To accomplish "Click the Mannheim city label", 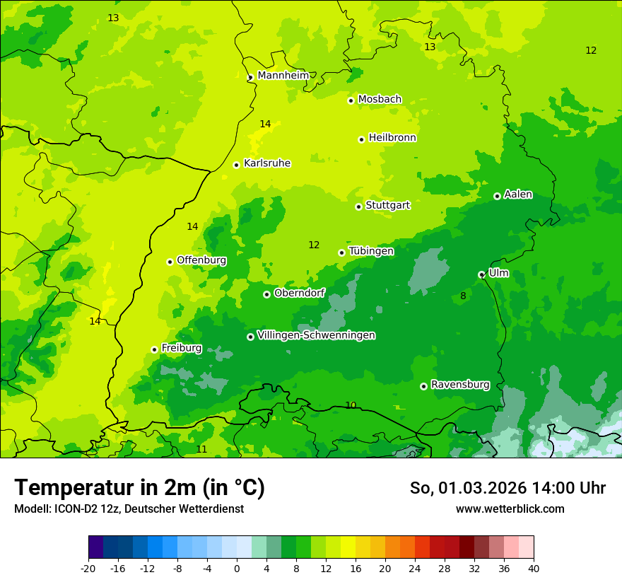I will tap(283, 75).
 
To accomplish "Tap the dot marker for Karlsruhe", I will tap(236, 165).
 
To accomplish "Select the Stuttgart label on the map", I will tap(387, 205).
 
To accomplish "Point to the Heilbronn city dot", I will tap(361, 139).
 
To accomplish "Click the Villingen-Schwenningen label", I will tap(316, 335).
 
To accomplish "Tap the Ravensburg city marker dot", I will tap(423, 386).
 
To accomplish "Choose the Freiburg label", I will tap(181, 348).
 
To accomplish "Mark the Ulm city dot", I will tap(481, 274).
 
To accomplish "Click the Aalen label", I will tap(518, 194).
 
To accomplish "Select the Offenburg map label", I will tap(201, 260).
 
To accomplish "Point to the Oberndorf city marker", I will tap(266, 294).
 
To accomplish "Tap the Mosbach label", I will tap(379, 99).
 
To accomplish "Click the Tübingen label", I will tap(371, 251).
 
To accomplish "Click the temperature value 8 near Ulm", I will tap(463, 296).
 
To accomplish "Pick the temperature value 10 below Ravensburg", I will tap(351, 405).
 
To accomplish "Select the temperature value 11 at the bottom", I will tap(201, 449).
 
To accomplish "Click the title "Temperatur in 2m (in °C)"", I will tap(139, 488).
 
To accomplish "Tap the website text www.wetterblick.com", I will tap(510, 508).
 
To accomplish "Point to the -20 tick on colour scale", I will tap(88, 568).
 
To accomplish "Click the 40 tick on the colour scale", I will tap(533, 568).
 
